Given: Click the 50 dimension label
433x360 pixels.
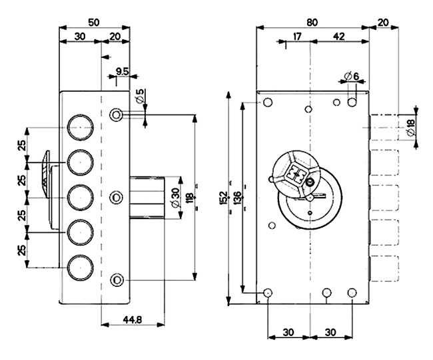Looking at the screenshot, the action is coord(94,22).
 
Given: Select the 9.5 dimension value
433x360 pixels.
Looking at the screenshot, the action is coord(122,72).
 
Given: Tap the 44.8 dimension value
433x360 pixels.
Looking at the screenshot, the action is coord(133,319).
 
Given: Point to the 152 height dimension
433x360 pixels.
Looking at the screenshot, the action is coord(224,198).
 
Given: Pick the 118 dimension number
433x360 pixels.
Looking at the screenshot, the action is coord(190,198).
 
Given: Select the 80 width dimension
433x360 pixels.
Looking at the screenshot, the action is coord(312,22).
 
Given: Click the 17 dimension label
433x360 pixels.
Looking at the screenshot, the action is coord(297,36).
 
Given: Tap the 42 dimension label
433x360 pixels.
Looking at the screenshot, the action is coord(339,36).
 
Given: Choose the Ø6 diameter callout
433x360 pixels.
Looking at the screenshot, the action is coord(351,76).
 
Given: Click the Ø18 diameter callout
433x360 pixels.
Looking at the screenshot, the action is coord(411,127).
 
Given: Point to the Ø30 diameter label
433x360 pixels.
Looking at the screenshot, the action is coord(175,198).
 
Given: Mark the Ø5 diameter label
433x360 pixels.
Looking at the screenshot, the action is coord(141,96).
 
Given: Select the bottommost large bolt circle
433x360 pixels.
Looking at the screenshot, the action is coord(81,268).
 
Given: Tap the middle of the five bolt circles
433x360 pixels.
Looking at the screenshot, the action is coord(81,198).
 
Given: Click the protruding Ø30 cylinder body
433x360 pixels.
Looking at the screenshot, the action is coord(147,198).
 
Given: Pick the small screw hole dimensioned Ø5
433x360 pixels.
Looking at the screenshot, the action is coord(117,114).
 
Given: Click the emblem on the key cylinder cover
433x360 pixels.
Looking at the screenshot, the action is coord(296,175).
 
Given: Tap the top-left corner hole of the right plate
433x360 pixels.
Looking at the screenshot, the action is coord(267,102).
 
